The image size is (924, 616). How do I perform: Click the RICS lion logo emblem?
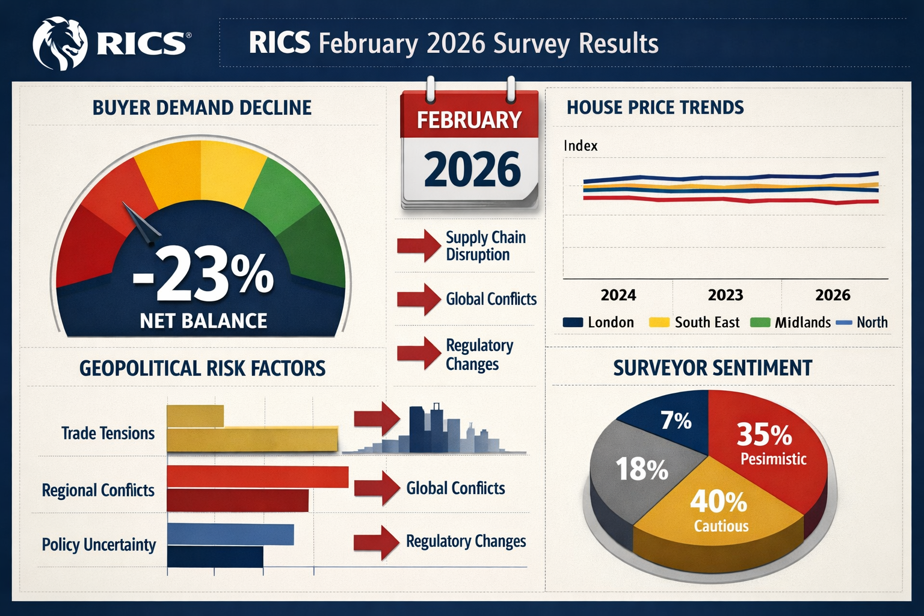pyautogui.click(x=60, y=43)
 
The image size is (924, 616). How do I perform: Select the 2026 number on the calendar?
pyautogui.click(x=472, y=170)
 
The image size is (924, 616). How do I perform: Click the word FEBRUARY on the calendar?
pyautogui.click(x=469, y=120)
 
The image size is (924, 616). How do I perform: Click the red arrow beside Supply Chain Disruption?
pyautogui.click(x=419, y=245)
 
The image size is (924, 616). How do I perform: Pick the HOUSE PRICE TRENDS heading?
pyautogui.click(x=655, y=108)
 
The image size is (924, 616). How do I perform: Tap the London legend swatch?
pyautogui.click(x=573, y=322)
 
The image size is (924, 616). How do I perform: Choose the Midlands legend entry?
pyautogui.click(x=790, y=322)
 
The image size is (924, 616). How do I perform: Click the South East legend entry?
pyautogui.click(x=694, y=322)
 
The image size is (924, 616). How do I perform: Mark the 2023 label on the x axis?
pyautogui.click(x=725, y=295)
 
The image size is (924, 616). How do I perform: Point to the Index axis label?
pyautogui.click(x=581, y=146)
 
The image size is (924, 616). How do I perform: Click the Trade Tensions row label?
pyautogui.click(x=108, y=433)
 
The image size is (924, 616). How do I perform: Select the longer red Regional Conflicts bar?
pyautogui.click(x=257, y=476)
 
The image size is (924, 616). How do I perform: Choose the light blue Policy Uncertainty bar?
pyautogui.click(x=230, y=534)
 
